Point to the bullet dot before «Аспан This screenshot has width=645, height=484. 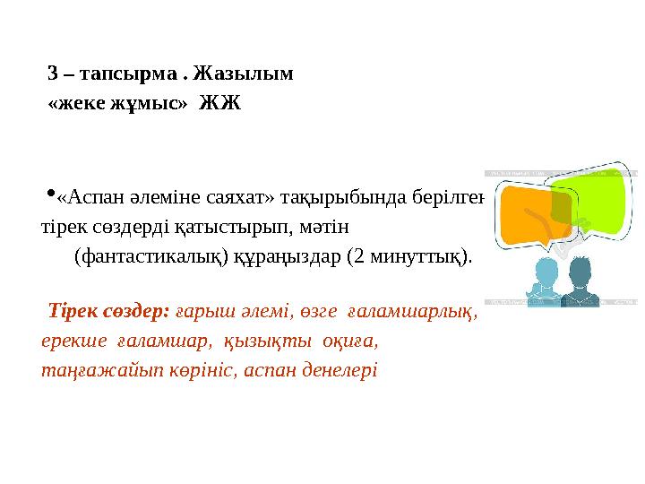(49, 193)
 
